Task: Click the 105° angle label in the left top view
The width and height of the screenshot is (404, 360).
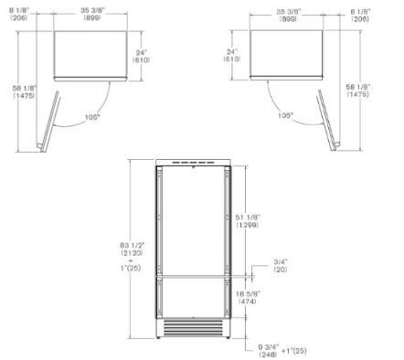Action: pyautogui.click(x=92, y=117)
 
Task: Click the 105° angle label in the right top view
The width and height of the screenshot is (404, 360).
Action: pyautogui.click(x=285, y=116)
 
